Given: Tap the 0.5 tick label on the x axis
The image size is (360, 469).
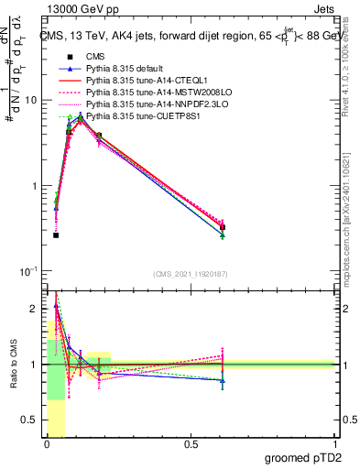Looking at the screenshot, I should pyautogui.click(x=191, y=443).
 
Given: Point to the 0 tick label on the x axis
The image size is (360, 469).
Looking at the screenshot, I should pyautogui.click(x=47, y=443).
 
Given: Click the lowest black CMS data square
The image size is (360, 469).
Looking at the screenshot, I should pyautogui.click(x=56, y=235).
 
